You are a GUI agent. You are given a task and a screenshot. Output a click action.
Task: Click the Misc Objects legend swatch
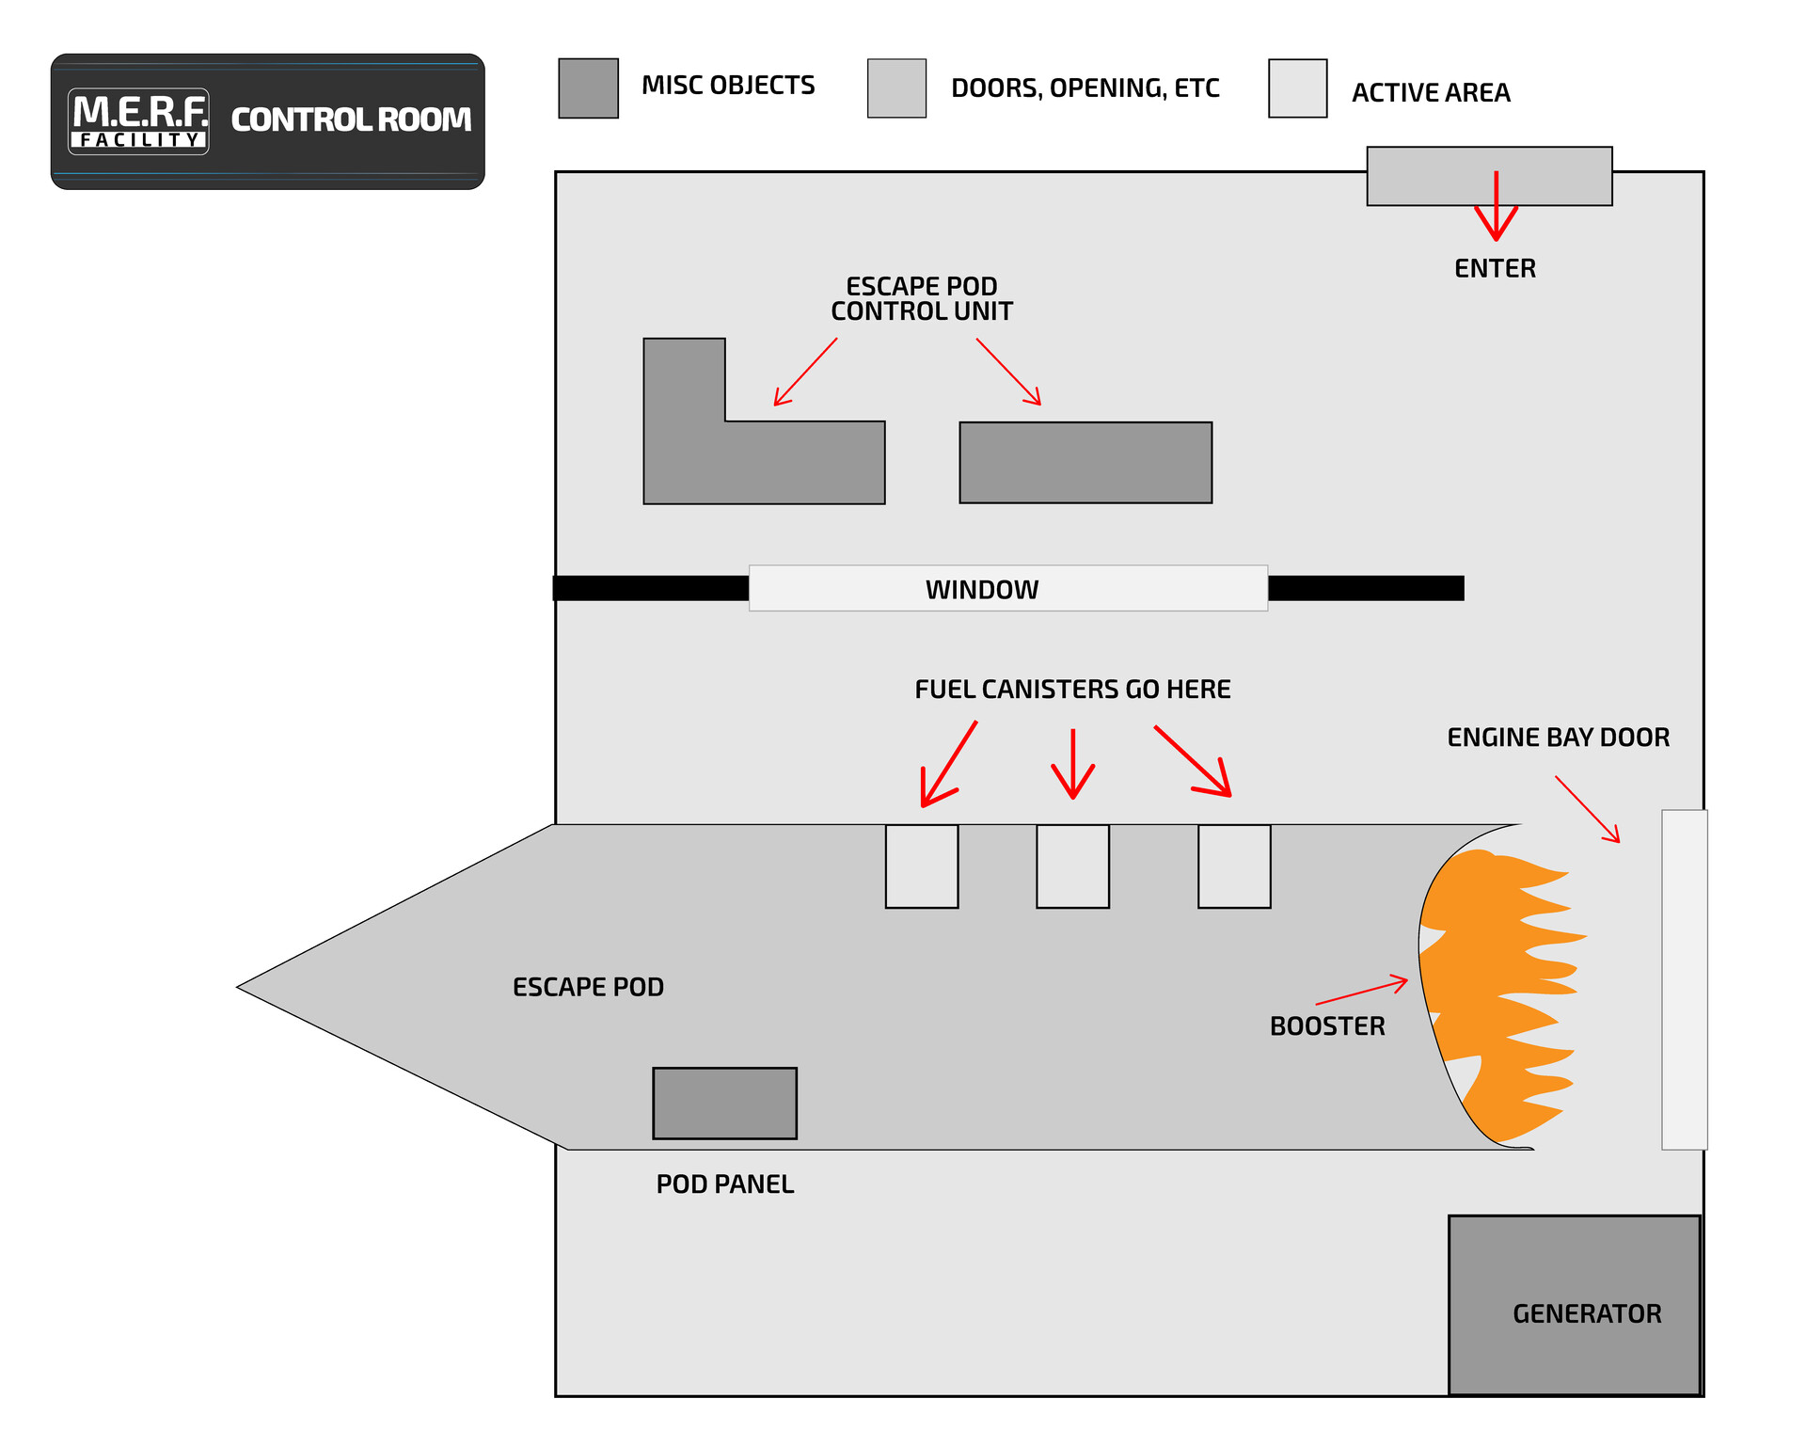click(x=588, y=88)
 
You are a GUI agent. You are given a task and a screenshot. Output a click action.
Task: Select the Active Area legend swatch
click(x=1297, y=88)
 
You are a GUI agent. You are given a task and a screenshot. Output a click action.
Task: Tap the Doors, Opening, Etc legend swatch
click(x=896, y=88)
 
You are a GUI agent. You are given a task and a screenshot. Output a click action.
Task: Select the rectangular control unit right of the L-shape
click(x=1085, y=463)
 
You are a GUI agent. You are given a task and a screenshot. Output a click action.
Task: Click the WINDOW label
click(x=981, y=590)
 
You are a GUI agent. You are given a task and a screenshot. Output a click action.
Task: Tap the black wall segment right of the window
click(x=1365, y=588)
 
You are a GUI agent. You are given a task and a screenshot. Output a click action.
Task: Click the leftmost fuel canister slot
click(x=922, y=866)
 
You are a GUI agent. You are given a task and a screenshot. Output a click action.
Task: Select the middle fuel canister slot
click(x=1072, y=866)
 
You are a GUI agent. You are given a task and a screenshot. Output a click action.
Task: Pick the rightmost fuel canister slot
click(x=1234, y=866)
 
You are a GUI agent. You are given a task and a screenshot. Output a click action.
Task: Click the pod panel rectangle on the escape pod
click(x=724, y=1103)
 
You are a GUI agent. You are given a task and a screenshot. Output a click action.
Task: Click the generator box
click(x=1574, y=1305)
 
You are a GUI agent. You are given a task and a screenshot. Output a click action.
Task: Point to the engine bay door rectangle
click(x=1684, y=979)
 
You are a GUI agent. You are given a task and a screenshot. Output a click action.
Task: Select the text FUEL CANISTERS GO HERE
click(x=1072, y=690)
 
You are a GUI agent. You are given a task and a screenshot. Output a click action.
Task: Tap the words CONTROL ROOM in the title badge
click(x=351, y=119)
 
